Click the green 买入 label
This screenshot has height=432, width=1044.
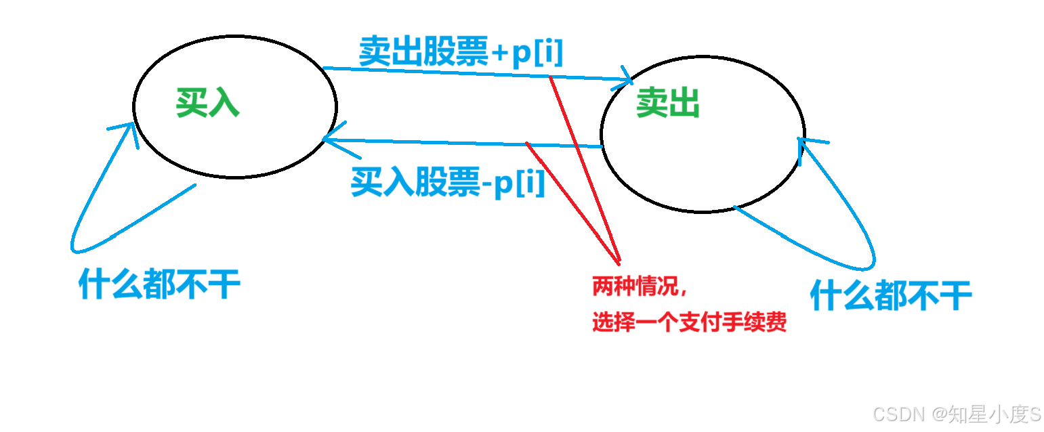(207, 104)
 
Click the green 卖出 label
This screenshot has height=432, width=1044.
(667, 104)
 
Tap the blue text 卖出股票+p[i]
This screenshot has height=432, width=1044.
(461, 52)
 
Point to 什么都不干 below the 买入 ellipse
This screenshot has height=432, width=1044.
(160, 284)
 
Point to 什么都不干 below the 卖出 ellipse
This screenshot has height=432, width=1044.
(891, 296)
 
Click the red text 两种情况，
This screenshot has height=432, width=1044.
(641, 286)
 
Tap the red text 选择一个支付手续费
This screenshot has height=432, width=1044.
(689, 322)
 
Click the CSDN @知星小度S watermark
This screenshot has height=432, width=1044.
(957, 413)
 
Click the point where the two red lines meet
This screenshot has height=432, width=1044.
(619, 262)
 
